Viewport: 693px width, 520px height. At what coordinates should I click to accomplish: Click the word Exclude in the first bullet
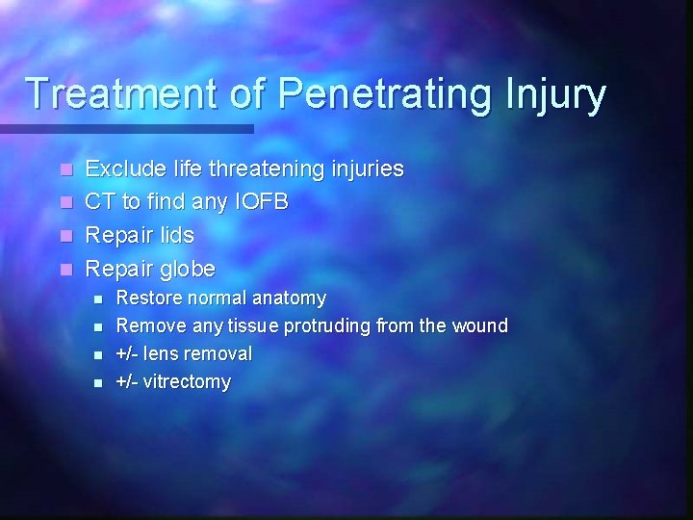(x=120, y=169)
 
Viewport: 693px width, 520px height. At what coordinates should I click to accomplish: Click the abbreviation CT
(x=100, y=202)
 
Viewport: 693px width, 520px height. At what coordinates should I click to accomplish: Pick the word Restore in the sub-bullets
(x=146, y=299)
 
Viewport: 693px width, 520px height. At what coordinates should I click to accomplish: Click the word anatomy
(x=288, y=299)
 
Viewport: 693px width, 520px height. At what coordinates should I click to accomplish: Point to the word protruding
(x=328, y=326)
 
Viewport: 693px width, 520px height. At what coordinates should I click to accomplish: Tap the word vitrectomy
(x=187, y=382)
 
